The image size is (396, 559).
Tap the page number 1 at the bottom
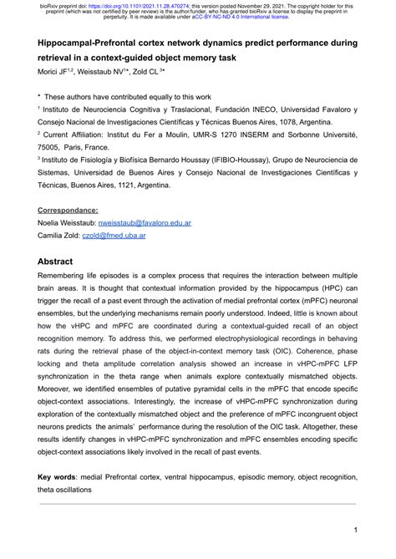pos(355,530)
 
